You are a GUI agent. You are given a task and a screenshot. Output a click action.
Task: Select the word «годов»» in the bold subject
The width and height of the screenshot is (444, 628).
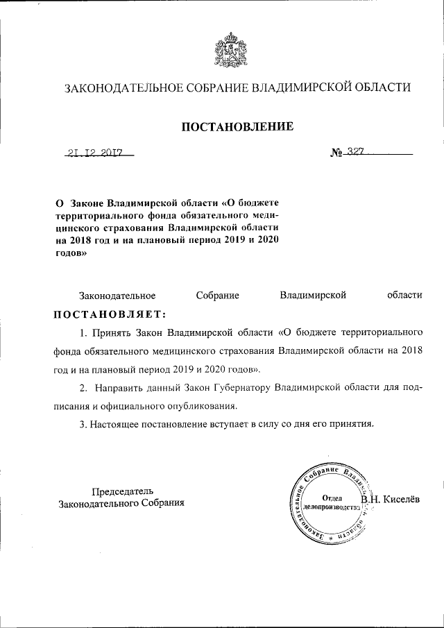(x=71, y=253)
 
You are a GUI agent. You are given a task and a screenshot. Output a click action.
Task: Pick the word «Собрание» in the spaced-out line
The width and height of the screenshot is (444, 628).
(x=217, y=295)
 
